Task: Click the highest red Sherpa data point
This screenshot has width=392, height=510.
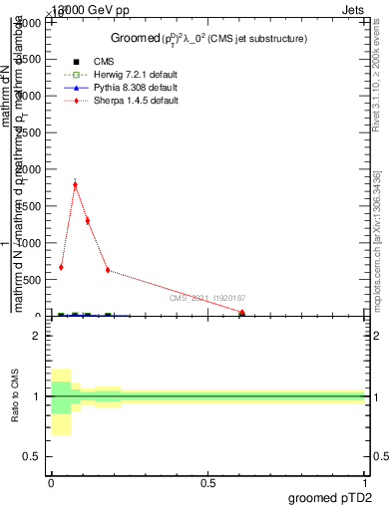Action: (75, 184)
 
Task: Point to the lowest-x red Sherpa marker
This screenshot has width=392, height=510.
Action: (61, 267)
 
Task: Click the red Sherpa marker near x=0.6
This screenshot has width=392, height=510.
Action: (242, 313)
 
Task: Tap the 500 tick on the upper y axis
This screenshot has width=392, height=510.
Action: (39, 280)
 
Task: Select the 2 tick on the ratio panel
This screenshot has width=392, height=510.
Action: (38, 337)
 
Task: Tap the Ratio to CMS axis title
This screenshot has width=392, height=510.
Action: (16, 395)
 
